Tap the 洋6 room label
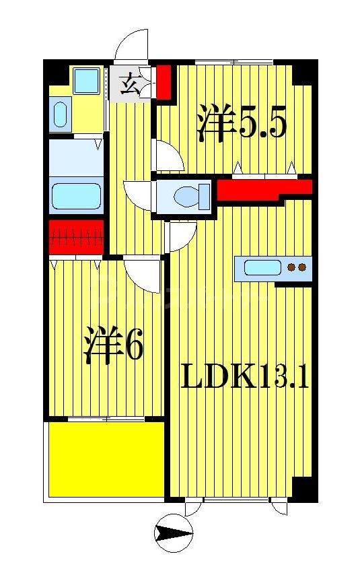114,346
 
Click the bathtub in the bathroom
77,197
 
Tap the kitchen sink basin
262,268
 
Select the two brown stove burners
296,268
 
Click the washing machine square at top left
86,81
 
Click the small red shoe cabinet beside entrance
164,81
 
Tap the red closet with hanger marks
76,237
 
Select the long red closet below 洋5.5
262,190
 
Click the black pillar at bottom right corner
304,488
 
